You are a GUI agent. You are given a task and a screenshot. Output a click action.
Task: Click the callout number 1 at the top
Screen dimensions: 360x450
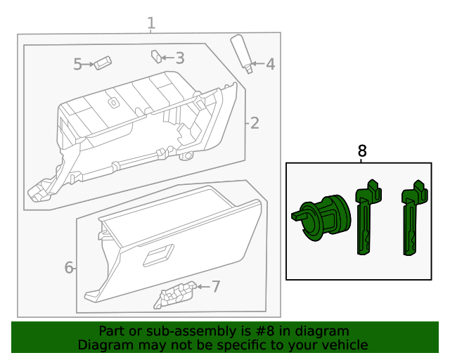click(151, 24)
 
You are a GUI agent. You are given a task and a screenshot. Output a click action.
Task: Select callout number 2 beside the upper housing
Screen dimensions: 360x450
click(255, 124)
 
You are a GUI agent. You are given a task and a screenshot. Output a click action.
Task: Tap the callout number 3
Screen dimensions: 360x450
click(180, 58)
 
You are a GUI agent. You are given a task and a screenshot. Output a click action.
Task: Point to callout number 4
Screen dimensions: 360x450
click(270, 65)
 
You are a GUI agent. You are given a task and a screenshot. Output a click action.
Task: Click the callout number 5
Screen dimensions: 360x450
click(78, 65)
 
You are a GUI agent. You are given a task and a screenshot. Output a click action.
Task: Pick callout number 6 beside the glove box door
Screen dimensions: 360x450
click(69, 267)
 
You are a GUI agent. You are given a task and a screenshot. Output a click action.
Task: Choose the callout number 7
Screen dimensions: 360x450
click(216, 286)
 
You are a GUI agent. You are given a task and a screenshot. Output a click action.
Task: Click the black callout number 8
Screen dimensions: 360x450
click(362, 150)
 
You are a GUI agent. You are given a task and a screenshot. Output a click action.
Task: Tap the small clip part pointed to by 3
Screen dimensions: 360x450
click(156, 55)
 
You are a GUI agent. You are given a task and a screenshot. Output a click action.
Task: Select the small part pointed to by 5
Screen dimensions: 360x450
click(105, 63)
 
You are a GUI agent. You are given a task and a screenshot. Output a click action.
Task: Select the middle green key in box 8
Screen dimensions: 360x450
click(366, 218)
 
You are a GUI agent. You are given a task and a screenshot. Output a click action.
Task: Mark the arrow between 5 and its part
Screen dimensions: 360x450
click(89, 65)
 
